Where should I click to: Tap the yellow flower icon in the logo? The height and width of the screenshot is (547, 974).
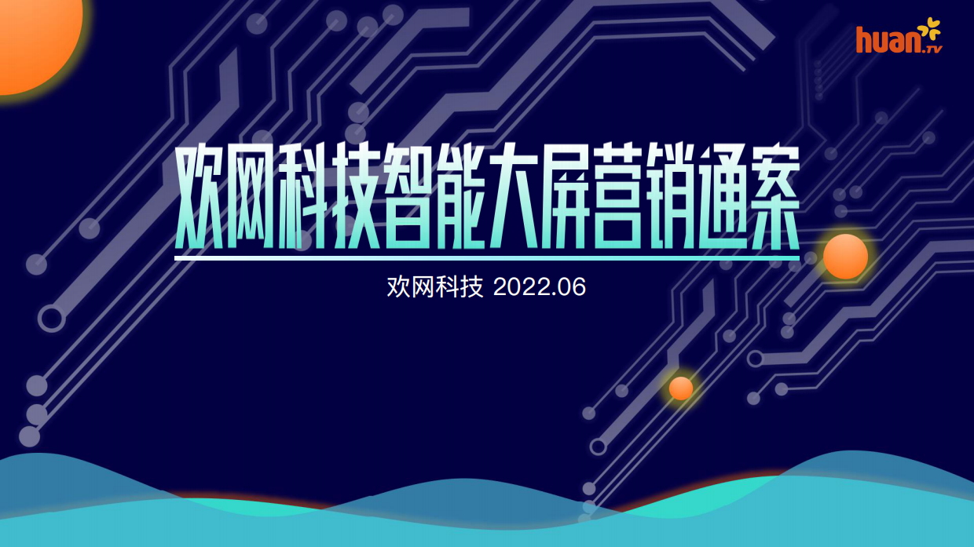(x=929, y=30)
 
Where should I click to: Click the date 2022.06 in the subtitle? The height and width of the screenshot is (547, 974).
(x=540, y=287)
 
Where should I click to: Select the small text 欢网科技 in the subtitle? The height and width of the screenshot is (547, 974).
(x=434, y=287)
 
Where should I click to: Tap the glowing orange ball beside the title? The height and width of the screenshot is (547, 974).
(x=845, y=257)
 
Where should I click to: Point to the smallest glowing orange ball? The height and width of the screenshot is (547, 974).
(x=681, y=388)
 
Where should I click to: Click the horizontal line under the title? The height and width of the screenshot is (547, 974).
(x=487, y=257)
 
